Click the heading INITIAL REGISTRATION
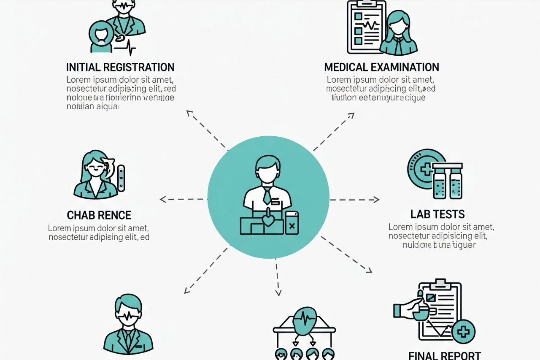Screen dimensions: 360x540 (120, 67)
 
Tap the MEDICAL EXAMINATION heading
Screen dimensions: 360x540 (381, 67)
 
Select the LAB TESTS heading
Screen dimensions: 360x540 (437, 214)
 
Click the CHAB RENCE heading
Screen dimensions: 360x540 (99, 215)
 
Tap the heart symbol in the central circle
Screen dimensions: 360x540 (267, 220)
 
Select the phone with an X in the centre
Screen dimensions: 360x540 (292, 223)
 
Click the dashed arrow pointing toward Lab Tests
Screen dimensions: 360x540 (354, 199)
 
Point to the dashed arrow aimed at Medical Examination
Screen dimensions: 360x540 (334, 131)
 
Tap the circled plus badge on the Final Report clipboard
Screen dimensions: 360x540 (463, 332)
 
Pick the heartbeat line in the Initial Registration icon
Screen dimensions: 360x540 (126, 47)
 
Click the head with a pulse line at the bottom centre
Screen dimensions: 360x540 (304, 319)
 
